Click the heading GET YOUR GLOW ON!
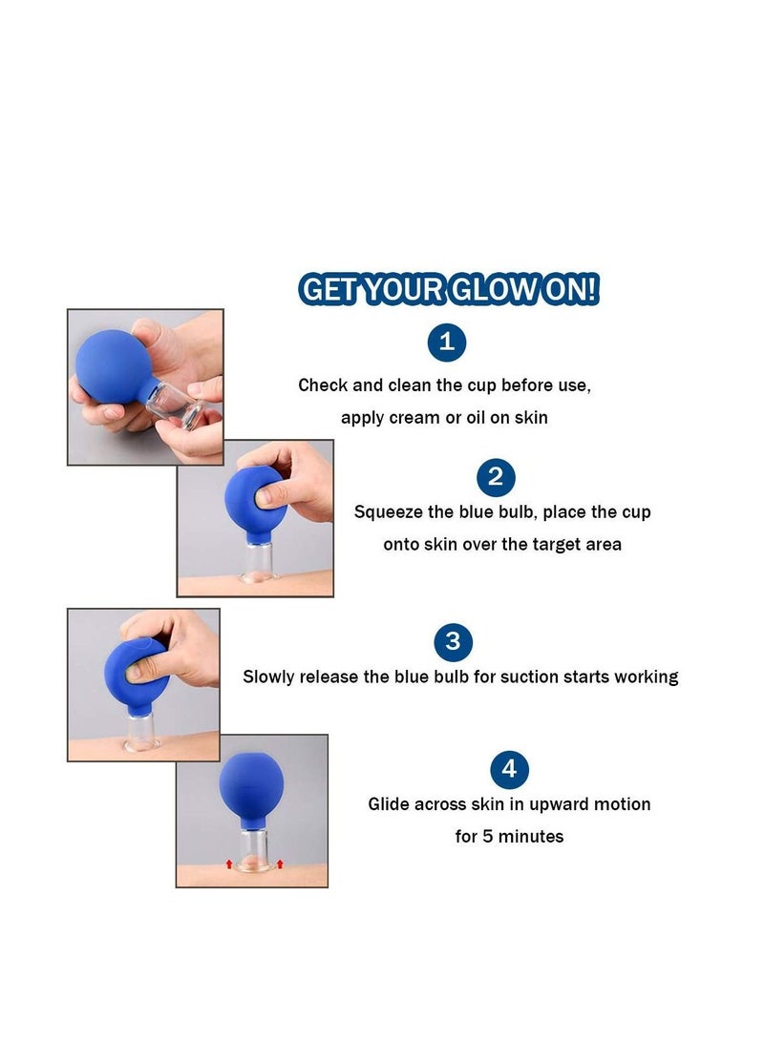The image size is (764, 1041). pos(449,290)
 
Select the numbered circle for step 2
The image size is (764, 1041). pos(495,477)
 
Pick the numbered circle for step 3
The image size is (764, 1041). pos(453,641)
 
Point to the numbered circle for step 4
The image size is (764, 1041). pos(509,769)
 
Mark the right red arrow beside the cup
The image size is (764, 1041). pos(280,864)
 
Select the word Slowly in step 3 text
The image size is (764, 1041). pos(268,677)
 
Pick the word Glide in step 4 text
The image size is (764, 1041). pos(389,804)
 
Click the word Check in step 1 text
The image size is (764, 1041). pos(323,385)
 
